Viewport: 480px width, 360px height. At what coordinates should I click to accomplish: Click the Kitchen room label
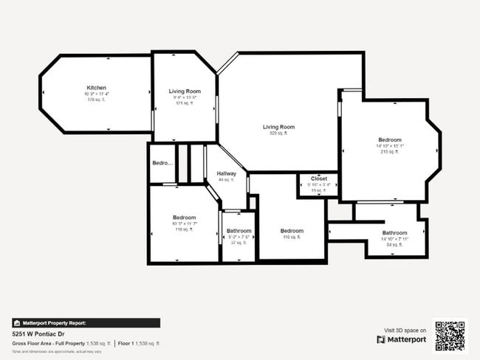(x=97, y=88)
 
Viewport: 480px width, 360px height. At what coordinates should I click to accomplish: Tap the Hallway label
(x=227, y=173)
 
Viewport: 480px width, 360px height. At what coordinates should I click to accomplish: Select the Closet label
(x=319, y=179)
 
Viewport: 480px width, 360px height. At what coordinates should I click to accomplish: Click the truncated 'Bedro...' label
(x=162, y=163)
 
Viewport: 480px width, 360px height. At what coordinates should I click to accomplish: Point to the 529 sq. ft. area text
(x=278, y=134)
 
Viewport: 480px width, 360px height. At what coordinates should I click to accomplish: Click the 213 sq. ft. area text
(x=389, y=152)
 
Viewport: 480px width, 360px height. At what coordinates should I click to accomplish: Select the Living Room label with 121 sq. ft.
(x=185, y=91)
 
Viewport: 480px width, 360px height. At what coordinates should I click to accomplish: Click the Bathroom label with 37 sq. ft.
(x=239, y=231)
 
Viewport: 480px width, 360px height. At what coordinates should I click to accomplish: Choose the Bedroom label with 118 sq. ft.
(x=184, y=218)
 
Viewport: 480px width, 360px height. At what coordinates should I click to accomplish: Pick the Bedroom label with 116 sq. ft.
(x=292, y=231)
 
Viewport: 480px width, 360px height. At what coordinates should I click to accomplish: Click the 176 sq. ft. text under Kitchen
(x=97, y=100)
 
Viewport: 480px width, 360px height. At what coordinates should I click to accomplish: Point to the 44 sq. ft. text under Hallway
(x=226, y=179)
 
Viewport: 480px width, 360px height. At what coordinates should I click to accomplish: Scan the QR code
(x=450, y=335)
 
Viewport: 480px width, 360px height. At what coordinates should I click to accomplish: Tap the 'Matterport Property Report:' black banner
(x=86, y=322)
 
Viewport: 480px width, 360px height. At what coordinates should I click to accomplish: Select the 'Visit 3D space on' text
(x=405, y=330)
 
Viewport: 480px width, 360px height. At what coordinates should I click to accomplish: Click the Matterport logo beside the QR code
(x=402, y=339)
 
